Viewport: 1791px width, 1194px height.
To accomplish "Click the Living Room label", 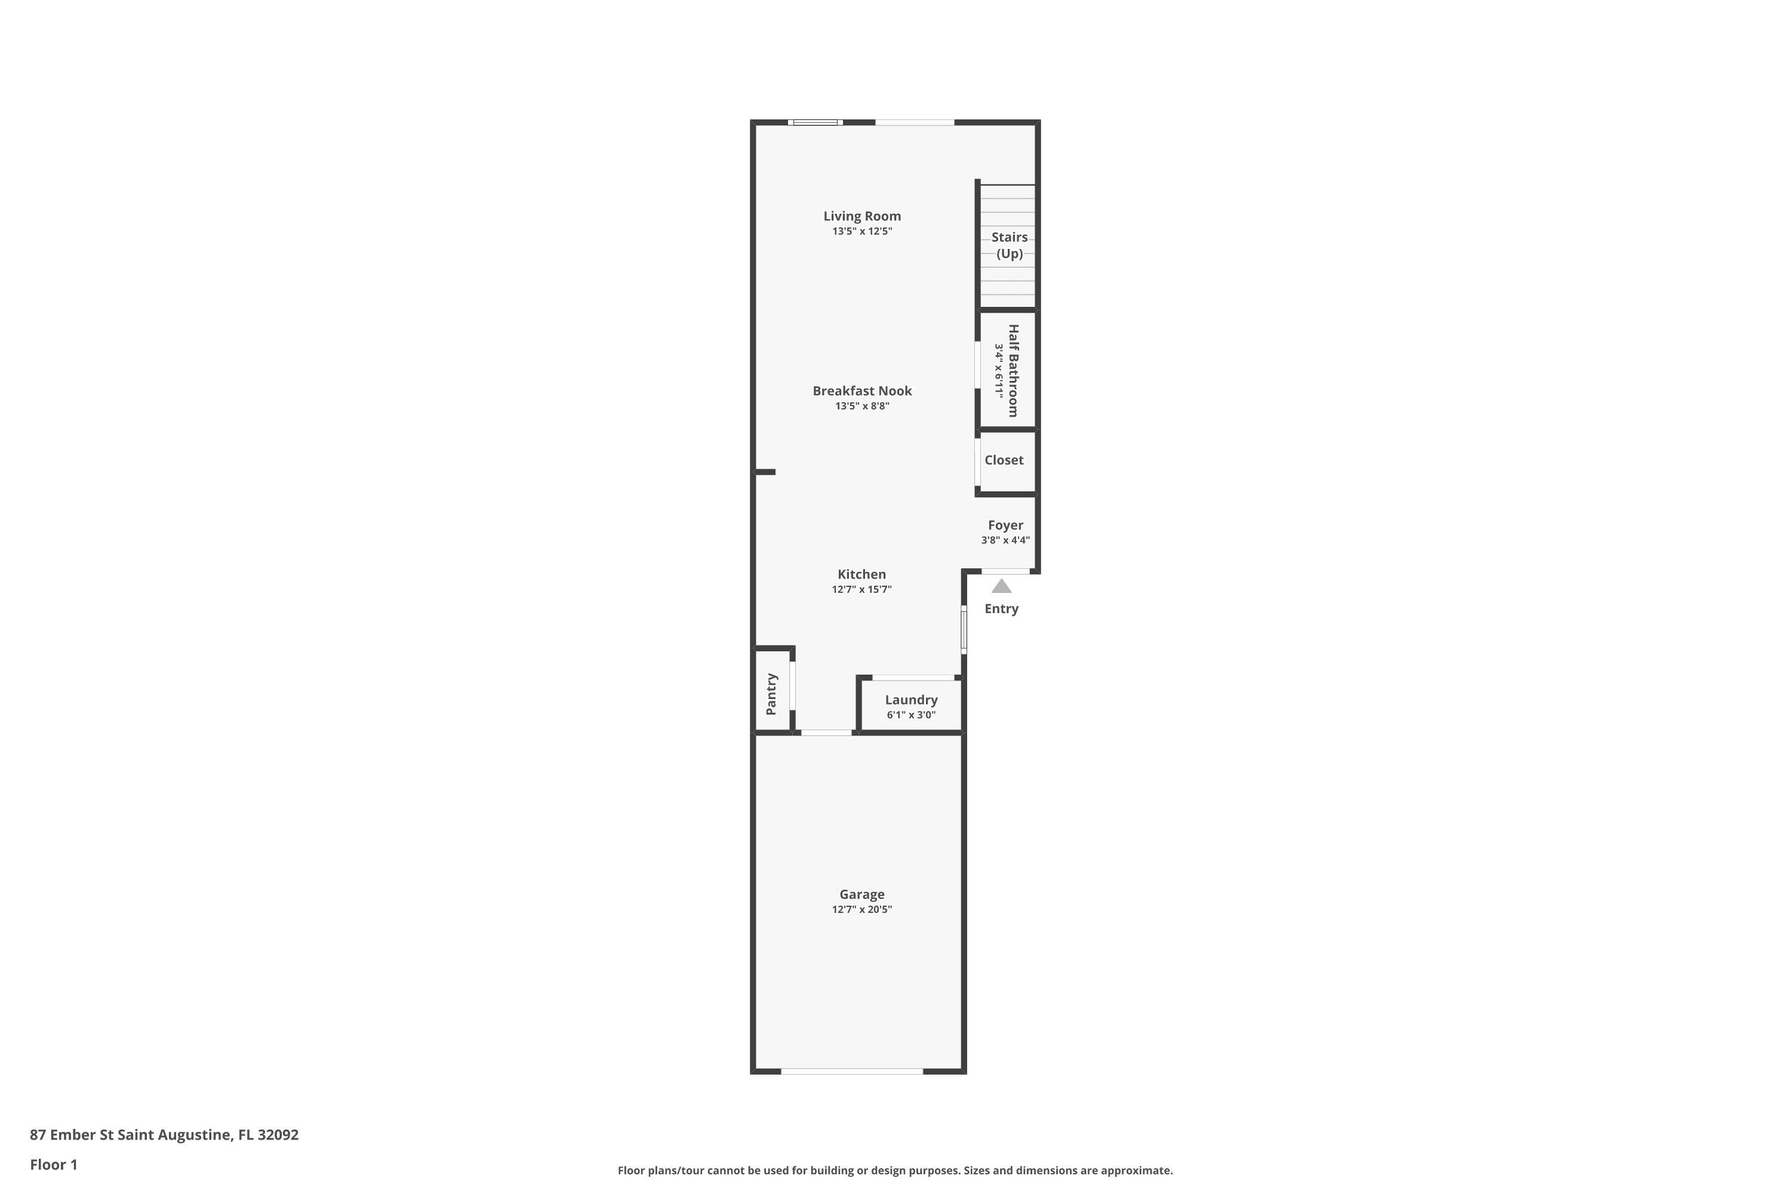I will (861, 216).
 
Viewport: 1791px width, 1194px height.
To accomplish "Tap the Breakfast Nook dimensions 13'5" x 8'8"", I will (861, 406).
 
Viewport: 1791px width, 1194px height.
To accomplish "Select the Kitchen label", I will (861, 574).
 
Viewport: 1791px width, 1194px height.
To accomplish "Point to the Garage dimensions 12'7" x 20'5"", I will (861, 909).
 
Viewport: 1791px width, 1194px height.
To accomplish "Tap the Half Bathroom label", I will (1013, 371).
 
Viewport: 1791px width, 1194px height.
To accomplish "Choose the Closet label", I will (1004, 460).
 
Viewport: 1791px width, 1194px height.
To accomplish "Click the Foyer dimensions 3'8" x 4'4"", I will (1005, 540).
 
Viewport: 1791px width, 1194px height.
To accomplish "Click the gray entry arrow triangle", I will (1001, 586).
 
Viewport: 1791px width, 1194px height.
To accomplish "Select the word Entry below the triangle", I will (1001, 608).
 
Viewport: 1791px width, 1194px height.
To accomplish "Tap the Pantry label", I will (771, 694).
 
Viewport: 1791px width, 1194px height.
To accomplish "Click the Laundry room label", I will (911, 700).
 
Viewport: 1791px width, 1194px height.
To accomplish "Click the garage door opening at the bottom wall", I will (851, 1072).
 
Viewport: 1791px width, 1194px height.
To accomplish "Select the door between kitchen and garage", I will (826, 733).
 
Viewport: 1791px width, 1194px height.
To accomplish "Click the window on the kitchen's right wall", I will (964, 629).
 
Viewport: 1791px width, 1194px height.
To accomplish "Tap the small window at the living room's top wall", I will (815, 122).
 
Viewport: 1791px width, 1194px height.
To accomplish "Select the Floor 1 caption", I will (53, 1164).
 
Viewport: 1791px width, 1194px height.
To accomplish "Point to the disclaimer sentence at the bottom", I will (895, 1170).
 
